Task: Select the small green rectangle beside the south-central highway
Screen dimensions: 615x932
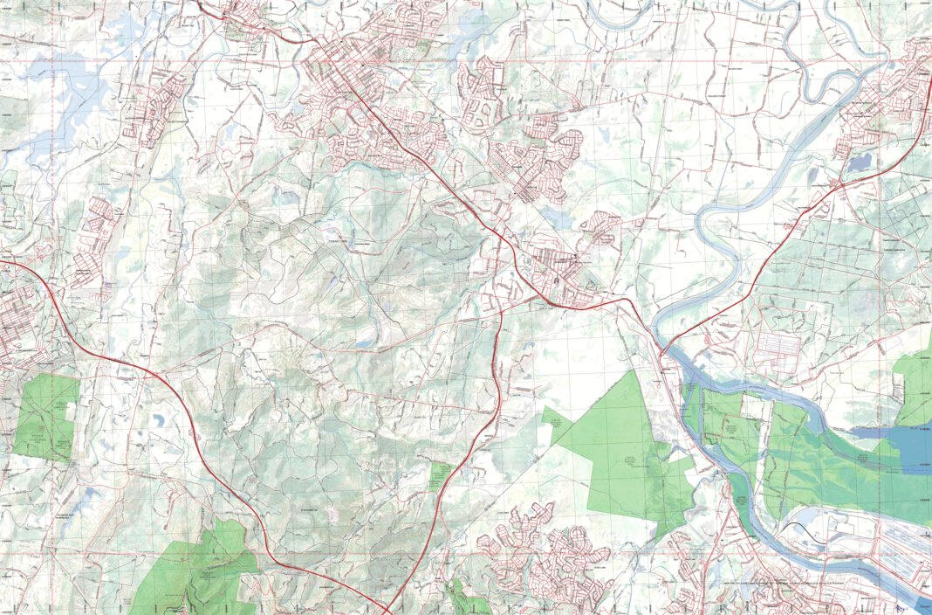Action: tap(438, 476)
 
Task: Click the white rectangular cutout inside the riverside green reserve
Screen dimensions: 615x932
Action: tap(751, 405)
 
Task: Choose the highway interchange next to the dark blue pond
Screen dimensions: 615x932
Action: tap(838, 185)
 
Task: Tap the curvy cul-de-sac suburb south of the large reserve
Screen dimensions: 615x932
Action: tap(550, 559)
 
